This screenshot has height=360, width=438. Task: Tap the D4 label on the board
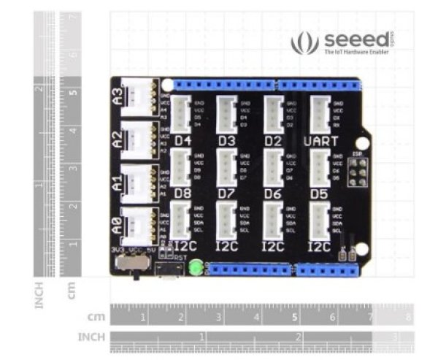(182, 139)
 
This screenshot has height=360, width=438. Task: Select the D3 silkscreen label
(227, 139)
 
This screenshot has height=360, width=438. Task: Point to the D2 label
(273, 139)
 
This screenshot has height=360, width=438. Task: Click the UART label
(321, 139)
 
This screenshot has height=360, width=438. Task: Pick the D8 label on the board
(182, 194)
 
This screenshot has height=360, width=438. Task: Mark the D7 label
(227, 194)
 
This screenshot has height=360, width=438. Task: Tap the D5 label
(319, 194)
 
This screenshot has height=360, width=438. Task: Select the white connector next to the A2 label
(138, 137)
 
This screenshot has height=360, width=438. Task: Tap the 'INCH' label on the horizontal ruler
(91, 337)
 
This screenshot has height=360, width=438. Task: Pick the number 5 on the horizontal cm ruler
(294, 318)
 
